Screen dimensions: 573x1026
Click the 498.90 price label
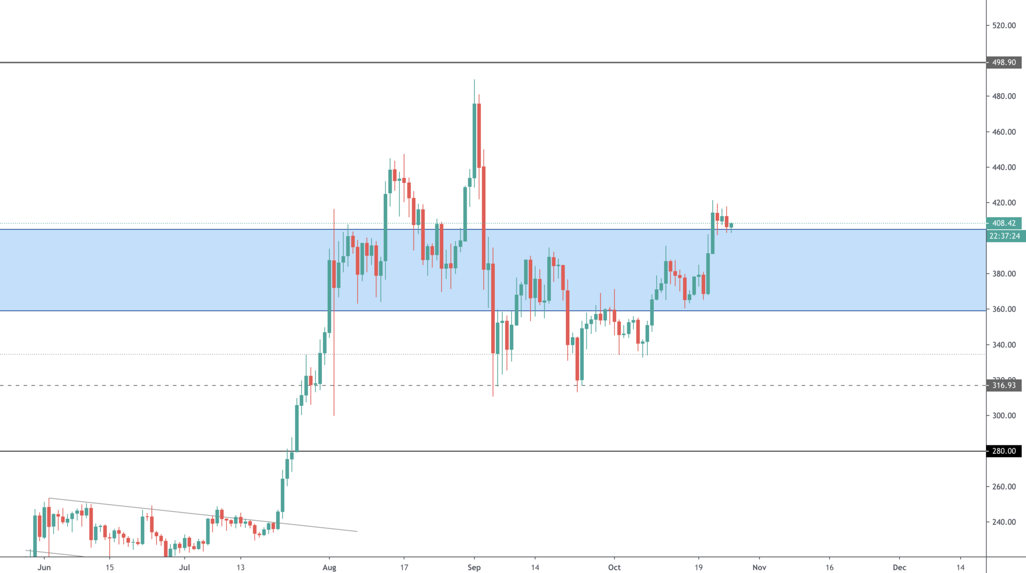[x=1004, y=63]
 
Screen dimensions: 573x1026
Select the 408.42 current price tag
[x=1004, y=223]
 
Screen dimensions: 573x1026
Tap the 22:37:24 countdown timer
[x=1004, y=236]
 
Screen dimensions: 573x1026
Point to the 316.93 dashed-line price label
[x=1004, y=385]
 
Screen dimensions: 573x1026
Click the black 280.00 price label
[x=1004, y=451]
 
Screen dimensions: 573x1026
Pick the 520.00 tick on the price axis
[x=1004, y=26]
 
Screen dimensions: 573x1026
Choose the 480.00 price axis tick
[x=1004, y=96]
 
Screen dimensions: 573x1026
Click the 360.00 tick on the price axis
[x=1004, y=309]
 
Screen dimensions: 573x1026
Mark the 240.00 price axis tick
[x=1004, y=522]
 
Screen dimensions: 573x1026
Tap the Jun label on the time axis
[x=44, y=567]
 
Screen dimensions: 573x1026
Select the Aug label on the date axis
[x=329, y=567]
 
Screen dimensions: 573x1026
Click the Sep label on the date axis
[x=474, y=567]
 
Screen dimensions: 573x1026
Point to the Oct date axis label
[x=614, y=567]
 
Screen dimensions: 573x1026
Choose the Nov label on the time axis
[x=759, y=567]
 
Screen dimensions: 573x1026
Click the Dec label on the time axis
[x=899, y=567]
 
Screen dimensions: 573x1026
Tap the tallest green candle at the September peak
[x=474, y=135]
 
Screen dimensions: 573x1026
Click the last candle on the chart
[x=731, y=226]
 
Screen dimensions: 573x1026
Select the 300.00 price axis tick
[x=1004, y=416]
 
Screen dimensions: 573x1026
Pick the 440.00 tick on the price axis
[x=1004, y=167]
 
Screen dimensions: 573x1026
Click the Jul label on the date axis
[x=184, y=567]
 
